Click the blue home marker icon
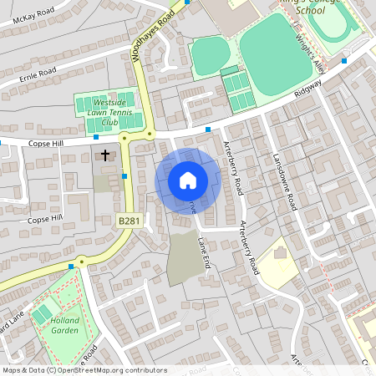[x=188, y=180]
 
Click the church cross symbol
[x=105, y=155]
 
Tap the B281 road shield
[x=127, y=220]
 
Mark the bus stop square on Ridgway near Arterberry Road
[x=208, y=129]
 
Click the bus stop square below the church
[x=124, y=175]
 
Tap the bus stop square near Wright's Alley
[x=344, y=60]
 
